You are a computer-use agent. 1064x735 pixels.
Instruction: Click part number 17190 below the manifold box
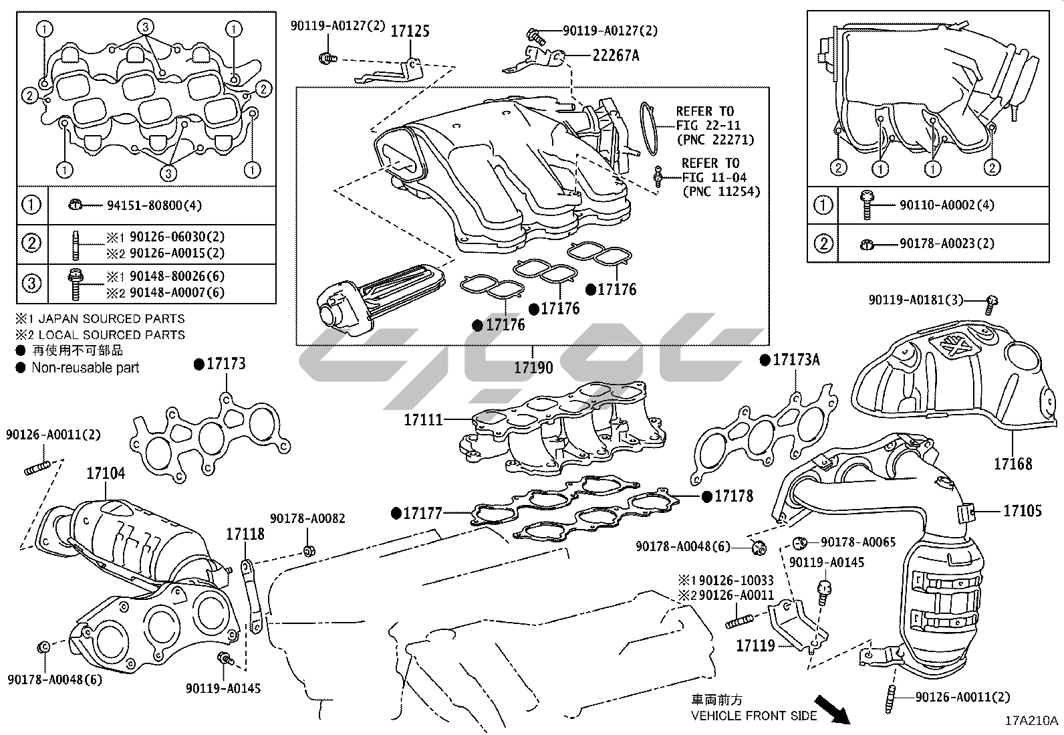pos(533,368)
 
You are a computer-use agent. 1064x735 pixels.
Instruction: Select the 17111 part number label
pos(423,420)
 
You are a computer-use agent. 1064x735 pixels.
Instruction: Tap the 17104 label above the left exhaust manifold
pos(105,474)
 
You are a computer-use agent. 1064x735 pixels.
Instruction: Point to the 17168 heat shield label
pos(1013,463)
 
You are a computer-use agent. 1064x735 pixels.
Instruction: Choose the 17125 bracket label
pos(410,31)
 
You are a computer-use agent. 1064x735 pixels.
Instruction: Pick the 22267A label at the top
pos(615,56)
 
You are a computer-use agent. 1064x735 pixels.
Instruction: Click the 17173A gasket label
pos(796,360)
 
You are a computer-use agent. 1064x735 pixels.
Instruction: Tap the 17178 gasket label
pos(733,496)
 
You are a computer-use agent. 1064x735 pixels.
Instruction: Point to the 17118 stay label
pos(245,534)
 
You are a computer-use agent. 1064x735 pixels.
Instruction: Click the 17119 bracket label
pos(755,645)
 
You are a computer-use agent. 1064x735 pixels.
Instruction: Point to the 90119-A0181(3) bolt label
pos(916,300)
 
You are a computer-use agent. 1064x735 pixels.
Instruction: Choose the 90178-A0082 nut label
pos(307,518)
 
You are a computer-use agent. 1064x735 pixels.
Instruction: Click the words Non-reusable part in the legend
pos(85,367)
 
